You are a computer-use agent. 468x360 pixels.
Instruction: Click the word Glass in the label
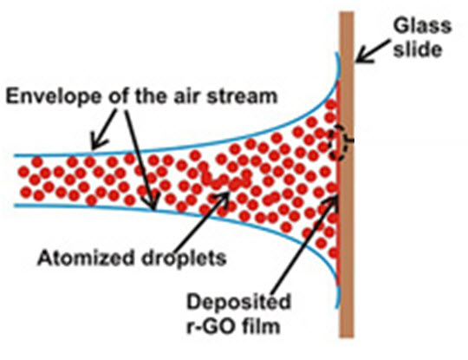(x=422, y=26)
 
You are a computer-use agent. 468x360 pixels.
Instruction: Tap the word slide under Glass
(x=417, y=49)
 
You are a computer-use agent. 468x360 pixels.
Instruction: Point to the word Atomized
(x=85, y=258)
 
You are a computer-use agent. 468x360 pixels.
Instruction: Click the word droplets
(x=184, y=259)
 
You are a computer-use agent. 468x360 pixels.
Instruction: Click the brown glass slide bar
(x=347, y=174)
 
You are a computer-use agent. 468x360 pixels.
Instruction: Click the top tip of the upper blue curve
(x=337, y=53)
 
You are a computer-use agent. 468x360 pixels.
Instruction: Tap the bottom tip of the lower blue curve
(x=337, y=308)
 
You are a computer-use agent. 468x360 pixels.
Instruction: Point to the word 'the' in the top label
(x=153, y=96)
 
